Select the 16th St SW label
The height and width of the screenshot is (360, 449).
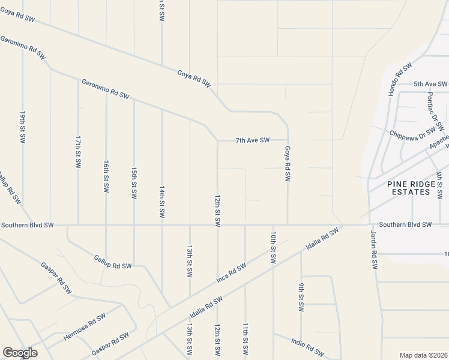106,176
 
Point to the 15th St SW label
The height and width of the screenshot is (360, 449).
133,184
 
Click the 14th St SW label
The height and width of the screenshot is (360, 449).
161,202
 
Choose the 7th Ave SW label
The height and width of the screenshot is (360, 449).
252,140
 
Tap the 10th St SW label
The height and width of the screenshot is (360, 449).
273,248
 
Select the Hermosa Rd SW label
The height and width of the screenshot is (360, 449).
85,326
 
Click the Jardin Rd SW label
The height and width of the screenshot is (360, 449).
373,248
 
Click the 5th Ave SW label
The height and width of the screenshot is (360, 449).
430,85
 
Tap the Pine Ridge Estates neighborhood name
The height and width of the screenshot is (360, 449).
408,188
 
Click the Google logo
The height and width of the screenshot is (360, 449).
20,353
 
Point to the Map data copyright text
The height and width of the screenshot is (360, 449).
423,355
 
